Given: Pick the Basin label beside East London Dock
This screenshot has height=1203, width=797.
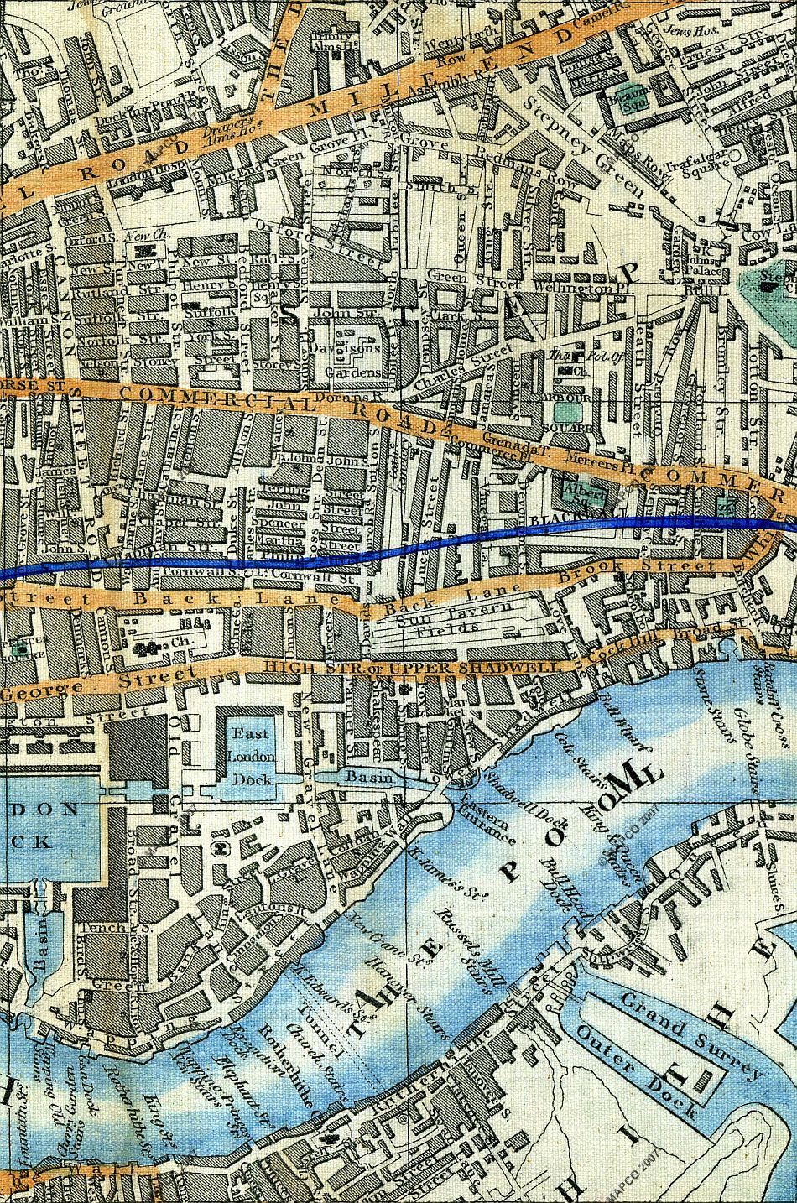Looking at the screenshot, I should click(x=370, y=778).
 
